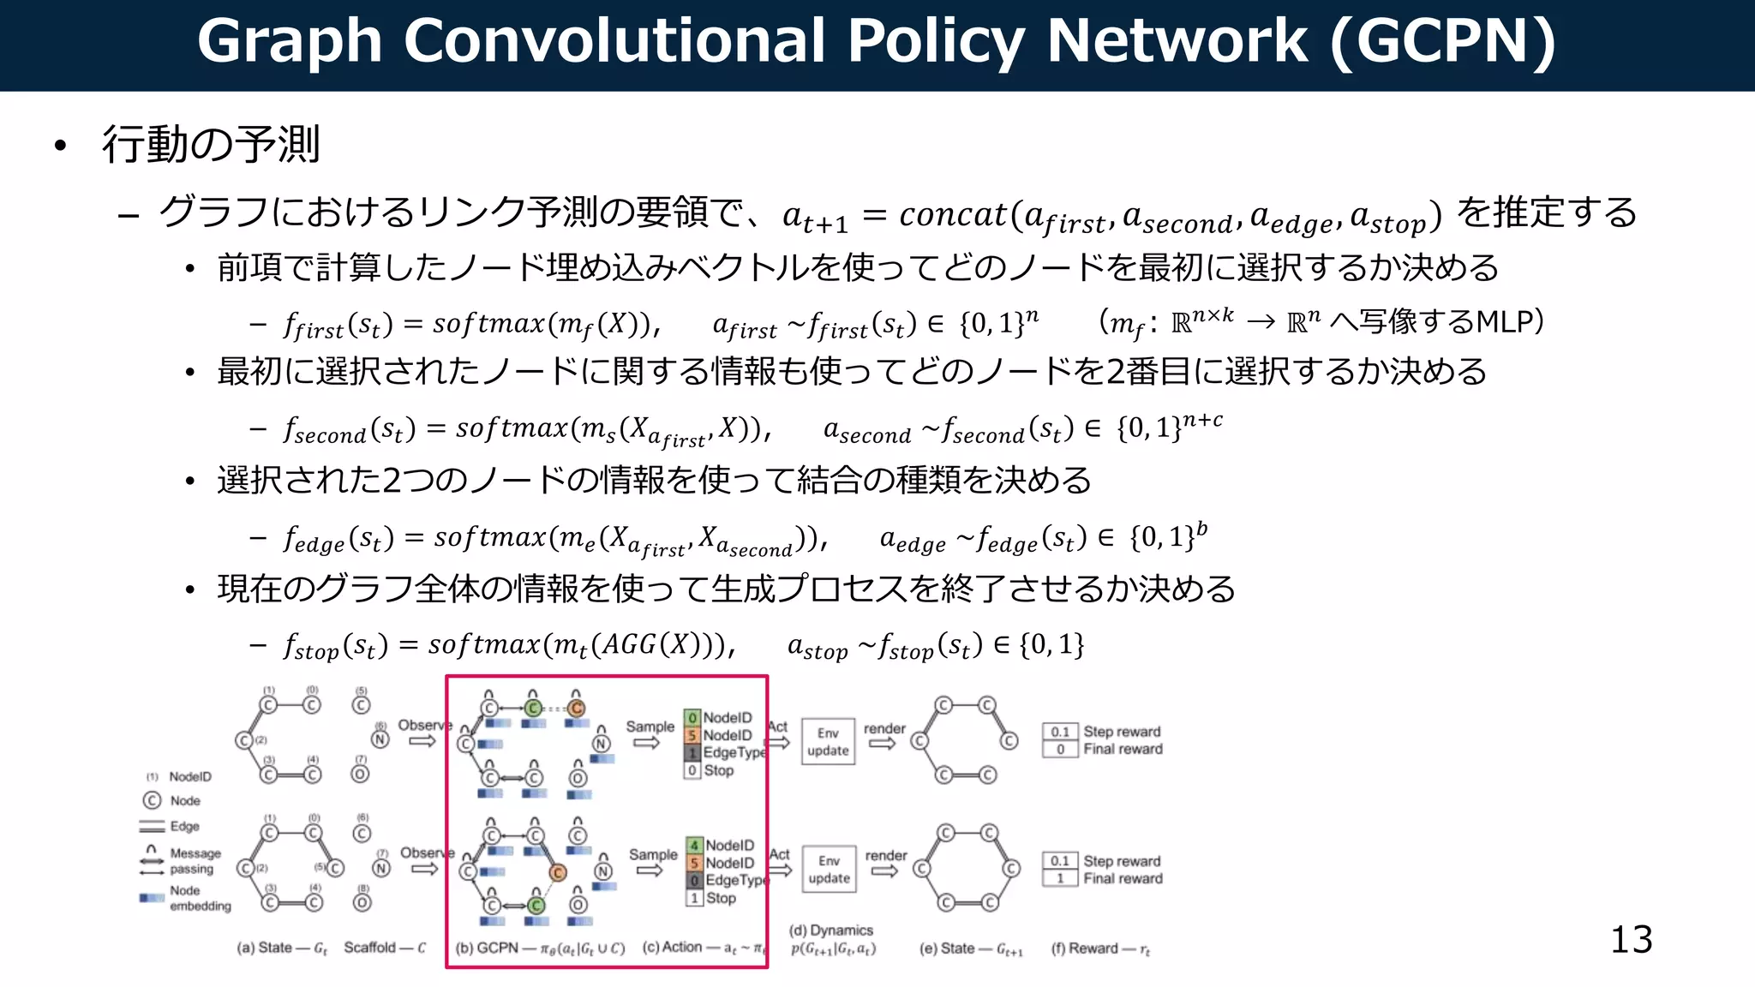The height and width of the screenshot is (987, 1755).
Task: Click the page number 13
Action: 1631,940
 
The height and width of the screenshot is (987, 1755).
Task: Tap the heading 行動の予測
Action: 211,144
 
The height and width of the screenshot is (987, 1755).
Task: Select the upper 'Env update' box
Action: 828,741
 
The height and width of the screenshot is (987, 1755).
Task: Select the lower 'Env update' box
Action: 829,869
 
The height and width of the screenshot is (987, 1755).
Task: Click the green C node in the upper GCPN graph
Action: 533,708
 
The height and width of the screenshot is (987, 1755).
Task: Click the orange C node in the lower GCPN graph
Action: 558,872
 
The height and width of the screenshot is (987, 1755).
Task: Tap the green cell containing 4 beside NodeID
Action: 694,846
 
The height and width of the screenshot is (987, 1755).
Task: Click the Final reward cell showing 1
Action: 1060,878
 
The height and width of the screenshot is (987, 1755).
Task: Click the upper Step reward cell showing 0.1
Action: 1060,732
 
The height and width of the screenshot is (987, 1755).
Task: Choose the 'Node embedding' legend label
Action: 200,898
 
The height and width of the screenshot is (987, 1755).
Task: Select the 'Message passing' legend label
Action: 195,860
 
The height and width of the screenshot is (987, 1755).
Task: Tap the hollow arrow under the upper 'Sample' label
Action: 647,743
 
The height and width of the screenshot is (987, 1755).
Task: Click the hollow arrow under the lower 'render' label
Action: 884,871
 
